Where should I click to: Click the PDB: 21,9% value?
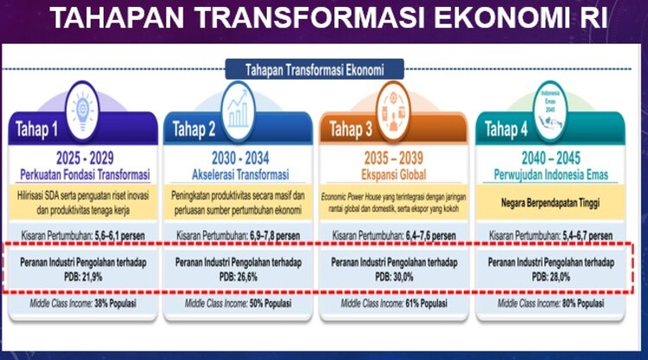[x=84, y=275]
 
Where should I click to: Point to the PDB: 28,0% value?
[x=551, y=275]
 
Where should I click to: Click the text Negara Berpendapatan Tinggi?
[x=551, y=204]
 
